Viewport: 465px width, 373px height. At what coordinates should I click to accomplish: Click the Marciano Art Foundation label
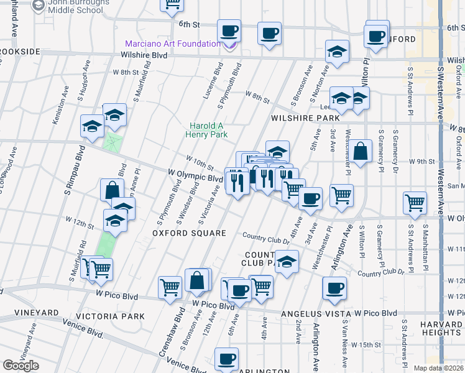coord(173,44)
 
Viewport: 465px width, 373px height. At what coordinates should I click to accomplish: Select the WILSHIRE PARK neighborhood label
coord(305,117)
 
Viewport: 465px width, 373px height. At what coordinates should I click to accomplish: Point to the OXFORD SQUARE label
coord(180,233)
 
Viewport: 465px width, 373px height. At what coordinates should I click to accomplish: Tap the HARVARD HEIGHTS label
coord(440,328)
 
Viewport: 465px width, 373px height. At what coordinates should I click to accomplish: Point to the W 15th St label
coord(365,344)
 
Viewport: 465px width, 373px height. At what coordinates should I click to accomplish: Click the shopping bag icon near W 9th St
coord(360,150)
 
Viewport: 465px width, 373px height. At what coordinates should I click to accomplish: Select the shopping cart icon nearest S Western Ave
coord(415,202)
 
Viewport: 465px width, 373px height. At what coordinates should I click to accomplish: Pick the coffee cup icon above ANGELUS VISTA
coord(334,288)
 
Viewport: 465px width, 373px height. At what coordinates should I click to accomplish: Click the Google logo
coord(21,365)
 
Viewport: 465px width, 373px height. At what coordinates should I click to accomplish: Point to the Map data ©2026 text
coord(438,368)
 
